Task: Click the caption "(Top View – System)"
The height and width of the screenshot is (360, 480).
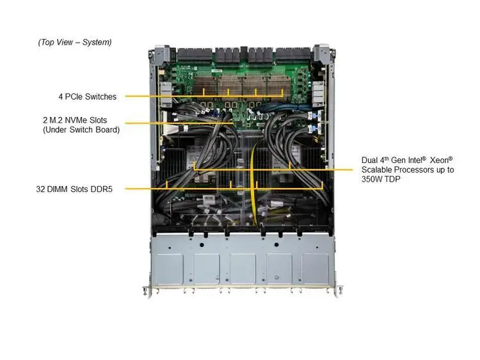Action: [x=75, y=42]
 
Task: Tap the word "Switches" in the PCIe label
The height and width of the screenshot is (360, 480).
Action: [x=100, y=97]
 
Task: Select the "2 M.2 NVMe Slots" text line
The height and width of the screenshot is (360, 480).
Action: [x=75, y=120]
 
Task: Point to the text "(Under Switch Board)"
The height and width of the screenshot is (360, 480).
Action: [x=81, y=130]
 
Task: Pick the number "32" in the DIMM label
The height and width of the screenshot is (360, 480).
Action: [x=40, y=189]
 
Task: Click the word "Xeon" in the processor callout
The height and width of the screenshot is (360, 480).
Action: [x=441, y=160]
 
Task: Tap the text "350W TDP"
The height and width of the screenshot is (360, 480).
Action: [x=381, y=179]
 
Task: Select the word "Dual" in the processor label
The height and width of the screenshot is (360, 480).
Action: [x=369, y=160]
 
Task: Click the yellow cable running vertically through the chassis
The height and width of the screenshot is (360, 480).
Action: [x=253, y=183]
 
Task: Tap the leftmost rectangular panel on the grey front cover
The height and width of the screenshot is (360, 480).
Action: [x=170, y=269]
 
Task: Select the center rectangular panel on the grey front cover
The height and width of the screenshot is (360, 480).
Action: [x=243, y=269]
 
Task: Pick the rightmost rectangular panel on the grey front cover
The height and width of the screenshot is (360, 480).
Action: [x=316, y=269]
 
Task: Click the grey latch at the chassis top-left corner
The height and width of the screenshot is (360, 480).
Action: [x=163, y=54]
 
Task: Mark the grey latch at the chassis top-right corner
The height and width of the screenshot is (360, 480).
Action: [x=322, y=54]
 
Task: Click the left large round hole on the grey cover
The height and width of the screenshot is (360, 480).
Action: [x=201, y=245]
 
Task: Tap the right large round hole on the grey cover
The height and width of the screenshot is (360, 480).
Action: [x=276, y=245]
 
